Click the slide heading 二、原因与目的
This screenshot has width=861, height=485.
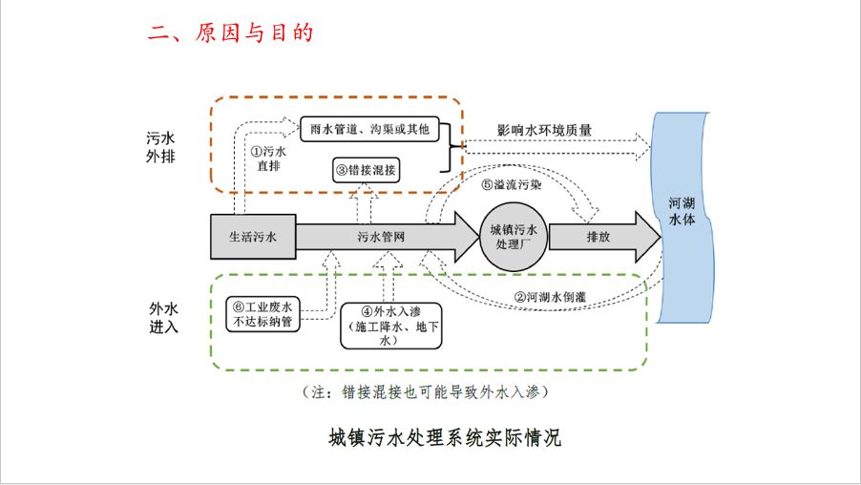[x=230, y=32]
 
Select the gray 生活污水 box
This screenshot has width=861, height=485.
[x=253, y=236]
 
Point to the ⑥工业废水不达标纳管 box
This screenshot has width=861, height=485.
[x=264, y=314]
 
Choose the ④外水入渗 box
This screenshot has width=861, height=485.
[x=385, y=326]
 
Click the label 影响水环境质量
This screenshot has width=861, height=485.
[x=544, y=130]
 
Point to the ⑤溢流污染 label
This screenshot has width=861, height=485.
[x=513, y=185]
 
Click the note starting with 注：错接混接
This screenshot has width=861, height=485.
[x=425, y=391]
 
